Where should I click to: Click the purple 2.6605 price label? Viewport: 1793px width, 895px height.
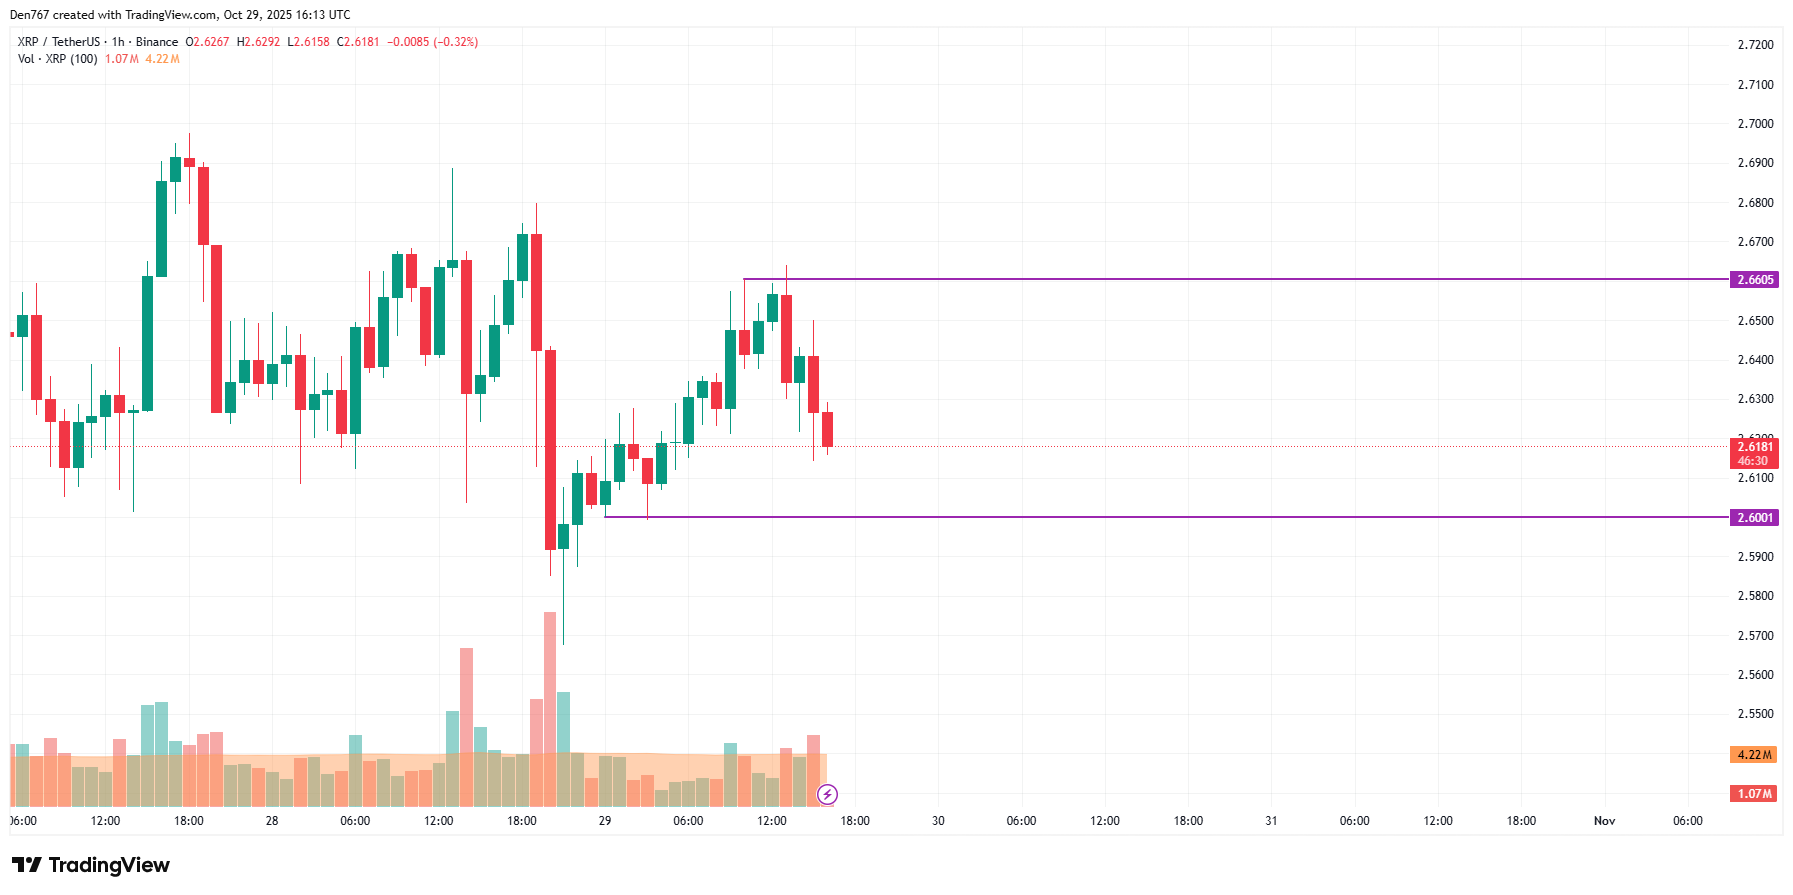coord(1755,280)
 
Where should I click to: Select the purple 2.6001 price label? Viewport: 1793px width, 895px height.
coord(1755,518)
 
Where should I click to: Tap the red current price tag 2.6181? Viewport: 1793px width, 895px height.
coord(1754,447)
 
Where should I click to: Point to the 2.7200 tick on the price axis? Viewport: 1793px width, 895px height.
coord(1755,45)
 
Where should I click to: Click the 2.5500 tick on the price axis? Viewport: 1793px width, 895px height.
coord(1755,714)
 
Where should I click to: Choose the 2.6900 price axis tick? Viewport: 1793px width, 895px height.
coord(1755,163)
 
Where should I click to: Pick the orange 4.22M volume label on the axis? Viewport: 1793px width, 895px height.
coord(1754,755)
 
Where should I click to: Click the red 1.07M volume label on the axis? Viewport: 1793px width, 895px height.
coord(1754,794)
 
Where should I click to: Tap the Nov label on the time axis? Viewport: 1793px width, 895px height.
coord(1604,821)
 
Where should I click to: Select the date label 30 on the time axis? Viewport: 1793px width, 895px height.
coord(938,821)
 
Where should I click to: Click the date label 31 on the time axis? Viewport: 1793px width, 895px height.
coord(1271,821)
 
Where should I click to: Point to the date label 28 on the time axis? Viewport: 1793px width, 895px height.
coord(272,821)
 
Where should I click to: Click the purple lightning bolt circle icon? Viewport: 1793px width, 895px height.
coord(827,795)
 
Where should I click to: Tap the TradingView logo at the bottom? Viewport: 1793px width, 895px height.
coord(91,865)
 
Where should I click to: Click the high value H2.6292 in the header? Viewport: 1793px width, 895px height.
coord(258,42)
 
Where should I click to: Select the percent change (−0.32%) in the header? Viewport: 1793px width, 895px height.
coord(455,42)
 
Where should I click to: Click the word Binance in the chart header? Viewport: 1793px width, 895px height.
coord(157,42)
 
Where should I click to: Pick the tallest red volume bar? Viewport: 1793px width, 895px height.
coord(550,700)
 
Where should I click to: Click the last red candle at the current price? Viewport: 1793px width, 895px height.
coord(827,429)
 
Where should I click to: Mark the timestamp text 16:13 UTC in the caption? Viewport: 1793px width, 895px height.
coord(322,15)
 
